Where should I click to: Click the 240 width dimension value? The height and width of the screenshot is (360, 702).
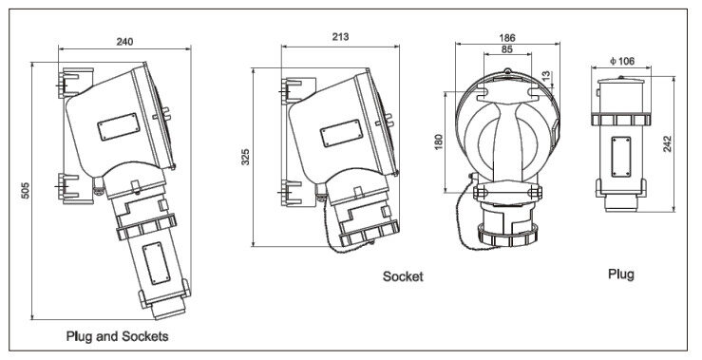124,42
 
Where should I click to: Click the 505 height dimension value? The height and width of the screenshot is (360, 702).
25,190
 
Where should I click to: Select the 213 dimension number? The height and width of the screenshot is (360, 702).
340,37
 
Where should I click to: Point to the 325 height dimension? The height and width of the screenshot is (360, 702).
245,157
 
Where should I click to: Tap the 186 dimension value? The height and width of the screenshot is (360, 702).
507,38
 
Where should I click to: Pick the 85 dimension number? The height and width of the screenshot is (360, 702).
507,49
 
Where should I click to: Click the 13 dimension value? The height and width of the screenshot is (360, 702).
545,76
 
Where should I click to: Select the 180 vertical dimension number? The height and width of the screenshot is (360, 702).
439,142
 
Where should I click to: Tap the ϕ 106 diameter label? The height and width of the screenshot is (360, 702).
622,61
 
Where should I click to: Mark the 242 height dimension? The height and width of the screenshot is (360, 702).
668,143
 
